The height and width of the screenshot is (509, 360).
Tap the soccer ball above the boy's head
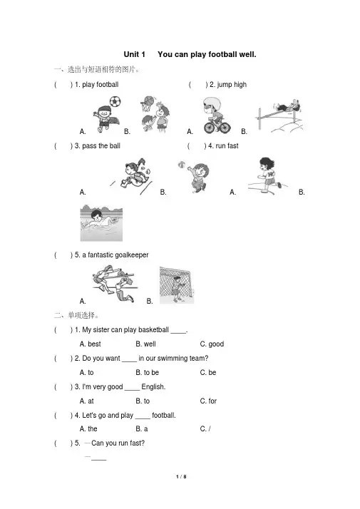tap(115, 101)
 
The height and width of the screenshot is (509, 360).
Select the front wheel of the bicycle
tap(225, 127)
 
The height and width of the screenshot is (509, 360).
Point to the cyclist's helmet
tap(212, 103)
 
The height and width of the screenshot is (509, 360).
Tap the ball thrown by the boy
tap(181, 165)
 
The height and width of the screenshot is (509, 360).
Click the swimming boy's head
tap(97, 215)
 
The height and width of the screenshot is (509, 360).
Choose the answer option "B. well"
tap(145, 344)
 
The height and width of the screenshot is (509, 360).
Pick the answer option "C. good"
tap(212, 344)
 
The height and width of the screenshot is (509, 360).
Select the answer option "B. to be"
tap(148, 372)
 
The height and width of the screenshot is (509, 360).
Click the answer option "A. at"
tap(87, 401)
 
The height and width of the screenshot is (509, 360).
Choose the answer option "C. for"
tap(208, 401)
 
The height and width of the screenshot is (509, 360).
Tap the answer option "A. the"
tap(88, 429)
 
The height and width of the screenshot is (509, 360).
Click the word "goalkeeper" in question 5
tap(132, 255)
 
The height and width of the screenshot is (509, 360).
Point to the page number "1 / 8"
tap(181, 476)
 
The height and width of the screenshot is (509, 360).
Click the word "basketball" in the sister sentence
tap(153, 330)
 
